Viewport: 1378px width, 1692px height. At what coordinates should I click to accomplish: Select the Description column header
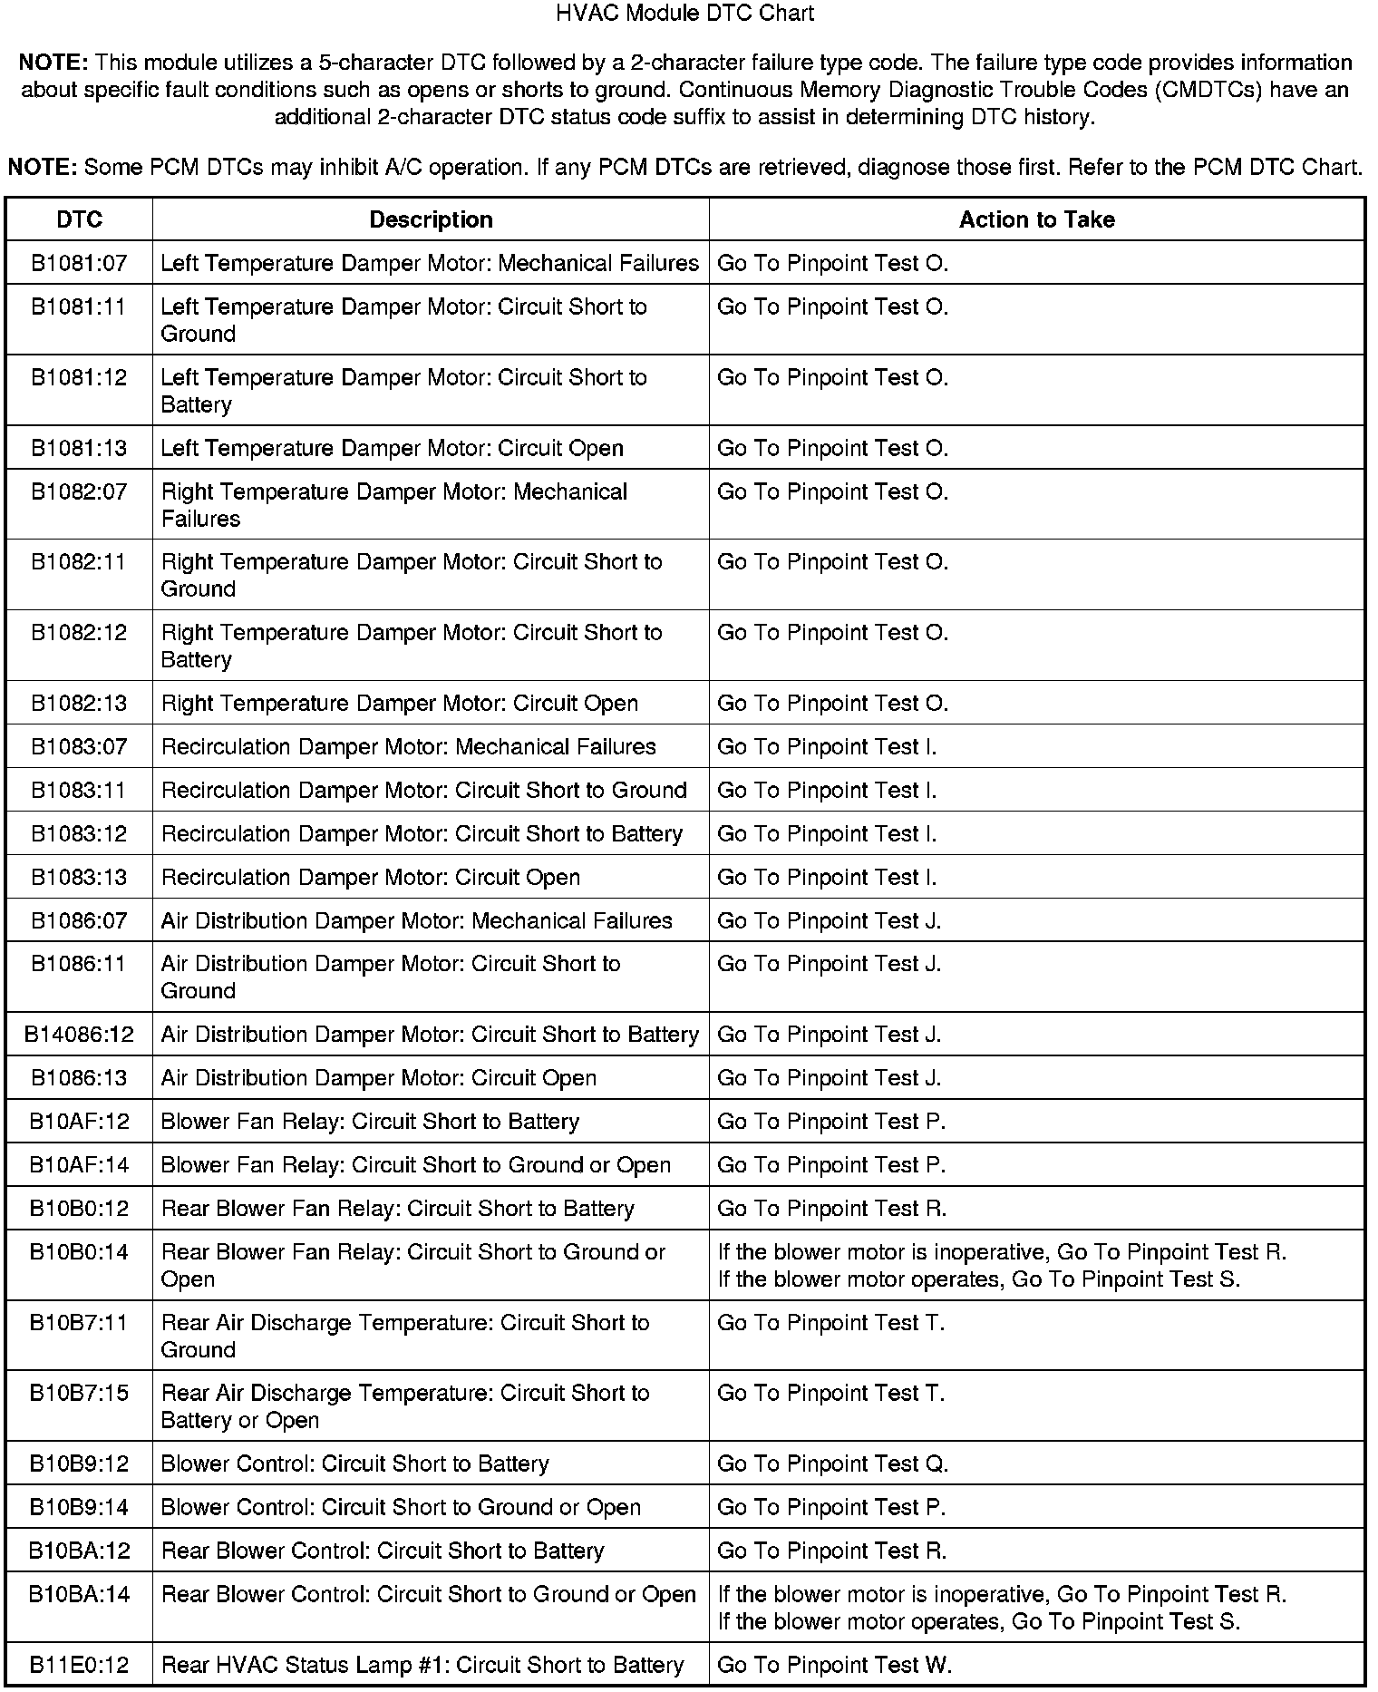431,219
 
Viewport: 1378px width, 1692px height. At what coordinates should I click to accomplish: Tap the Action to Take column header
1036,219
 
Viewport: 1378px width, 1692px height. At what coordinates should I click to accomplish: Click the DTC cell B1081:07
79,263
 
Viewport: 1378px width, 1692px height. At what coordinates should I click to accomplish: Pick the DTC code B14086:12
79,1035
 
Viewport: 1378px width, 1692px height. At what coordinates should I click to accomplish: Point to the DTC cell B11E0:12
79,1665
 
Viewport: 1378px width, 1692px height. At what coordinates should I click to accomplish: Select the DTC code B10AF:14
79,1165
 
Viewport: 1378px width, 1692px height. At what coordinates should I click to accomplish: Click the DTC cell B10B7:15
79,1393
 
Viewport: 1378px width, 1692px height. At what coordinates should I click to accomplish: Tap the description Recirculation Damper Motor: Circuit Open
370,878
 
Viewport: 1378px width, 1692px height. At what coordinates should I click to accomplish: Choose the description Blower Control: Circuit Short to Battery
354,1463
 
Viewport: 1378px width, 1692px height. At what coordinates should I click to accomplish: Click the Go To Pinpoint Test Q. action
832,1463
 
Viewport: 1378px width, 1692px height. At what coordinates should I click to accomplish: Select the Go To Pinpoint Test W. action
834,1665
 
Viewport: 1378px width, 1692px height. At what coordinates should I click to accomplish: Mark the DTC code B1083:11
79,791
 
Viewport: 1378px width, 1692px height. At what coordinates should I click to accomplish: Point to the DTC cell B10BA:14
79,1594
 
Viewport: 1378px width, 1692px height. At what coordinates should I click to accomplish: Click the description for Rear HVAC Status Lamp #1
422,1665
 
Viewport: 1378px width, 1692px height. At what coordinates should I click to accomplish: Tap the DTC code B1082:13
79,704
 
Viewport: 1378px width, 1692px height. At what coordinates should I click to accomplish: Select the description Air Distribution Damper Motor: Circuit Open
378,1078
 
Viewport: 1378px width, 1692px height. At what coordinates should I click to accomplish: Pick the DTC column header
79,219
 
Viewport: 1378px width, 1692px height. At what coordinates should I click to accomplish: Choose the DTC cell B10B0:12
79,1209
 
